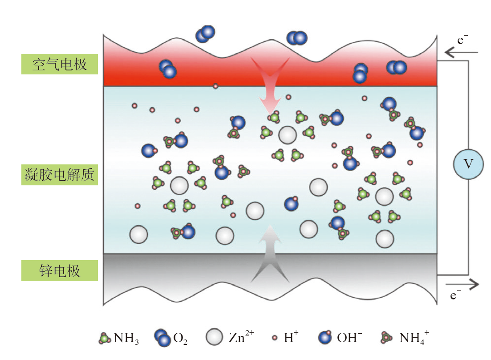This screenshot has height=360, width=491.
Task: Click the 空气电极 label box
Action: pyautogui.click(x=59, y=64)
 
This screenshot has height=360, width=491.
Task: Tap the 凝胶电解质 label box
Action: pyautogui.click(x=59, y=175)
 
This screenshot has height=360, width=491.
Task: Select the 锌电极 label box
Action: pyautogui.click(x=59, y=271)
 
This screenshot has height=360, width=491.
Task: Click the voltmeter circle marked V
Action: pyautogui.click(x=468, y=164)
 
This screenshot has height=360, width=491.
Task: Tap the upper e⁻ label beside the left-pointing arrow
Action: pyautogui.click(x=463, y=40)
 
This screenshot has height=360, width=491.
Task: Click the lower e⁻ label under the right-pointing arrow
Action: pyautogui.click(x=455, y=295)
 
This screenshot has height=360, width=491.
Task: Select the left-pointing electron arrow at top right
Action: pyautogui.click(x=461, y=53)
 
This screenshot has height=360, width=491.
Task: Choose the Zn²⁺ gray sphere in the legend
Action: pyautogui.click(x=214, y=337)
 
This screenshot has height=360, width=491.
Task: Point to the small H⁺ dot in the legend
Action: pyautogui.click(x=275, y=338)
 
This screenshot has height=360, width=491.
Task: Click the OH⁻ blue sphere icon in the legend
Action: pyautogui.click(x=326, y=338)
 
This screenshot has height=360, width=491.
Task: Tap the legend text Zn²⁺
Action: pyautogui.click(x=241, y=337)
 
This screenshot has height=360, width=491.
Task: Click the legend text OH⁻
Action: pyautogui.click(x=349, y=338)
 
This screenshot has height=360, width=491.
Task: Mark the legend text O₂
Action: pyautogui.click(x=180, y=339)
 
